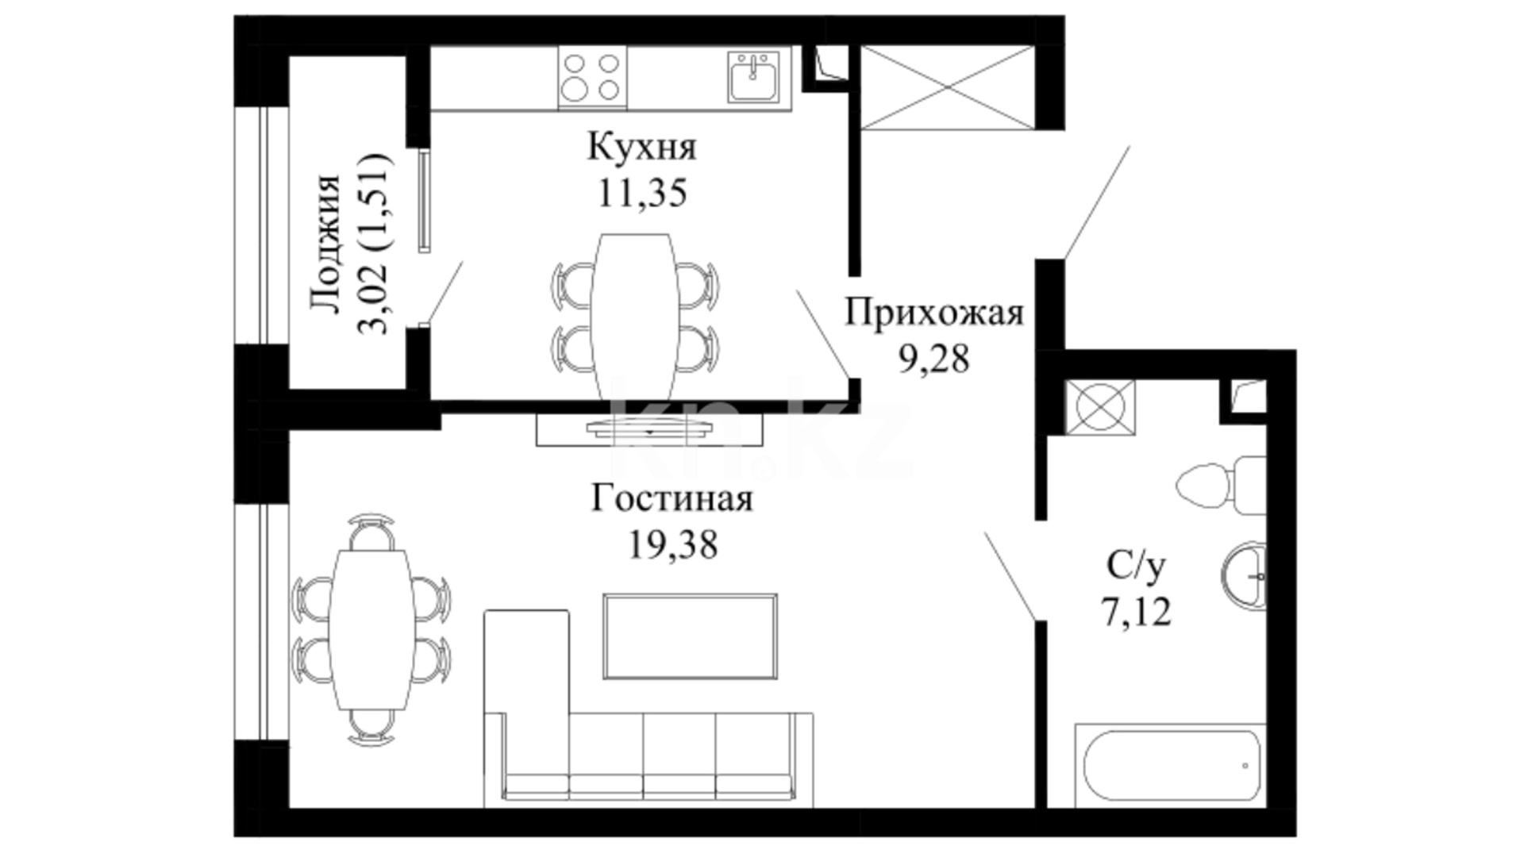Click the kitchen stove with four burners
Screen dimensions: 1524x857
tap(592, 77)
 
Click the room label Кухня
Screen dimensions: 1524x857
tap(641, 147)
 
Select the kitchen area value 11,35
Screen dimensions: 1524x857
tap(641, 193)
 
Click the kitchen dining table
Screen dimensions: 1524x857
tap(635, 317)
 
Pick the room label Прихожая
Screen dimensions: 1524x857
tap(933, 313)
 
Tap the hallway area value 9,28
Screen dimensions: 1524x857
tap(933, 359)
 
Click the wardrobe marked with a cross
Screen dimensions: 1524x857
tap(947, 86)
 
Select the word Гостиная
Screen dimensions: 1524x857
tap(672, 499)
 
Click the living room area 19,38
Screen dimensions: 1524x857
tap(673, 545)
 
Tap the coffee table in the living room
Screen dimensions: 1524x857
tap(690, 636)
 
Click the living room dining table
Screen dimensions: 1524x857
tap(372, 629)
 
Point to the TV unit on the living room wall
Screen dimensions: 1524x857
tap(649, 429)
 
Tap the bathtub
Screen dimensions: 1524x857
tap(1171, 766)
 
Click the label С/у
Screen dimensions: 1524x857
tap(1136, 566)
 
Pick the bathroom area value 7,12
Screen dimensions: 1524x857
tap(1136, 612)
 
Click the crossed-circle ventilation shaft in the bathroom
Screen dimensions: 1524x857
tap(1100, 407)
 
